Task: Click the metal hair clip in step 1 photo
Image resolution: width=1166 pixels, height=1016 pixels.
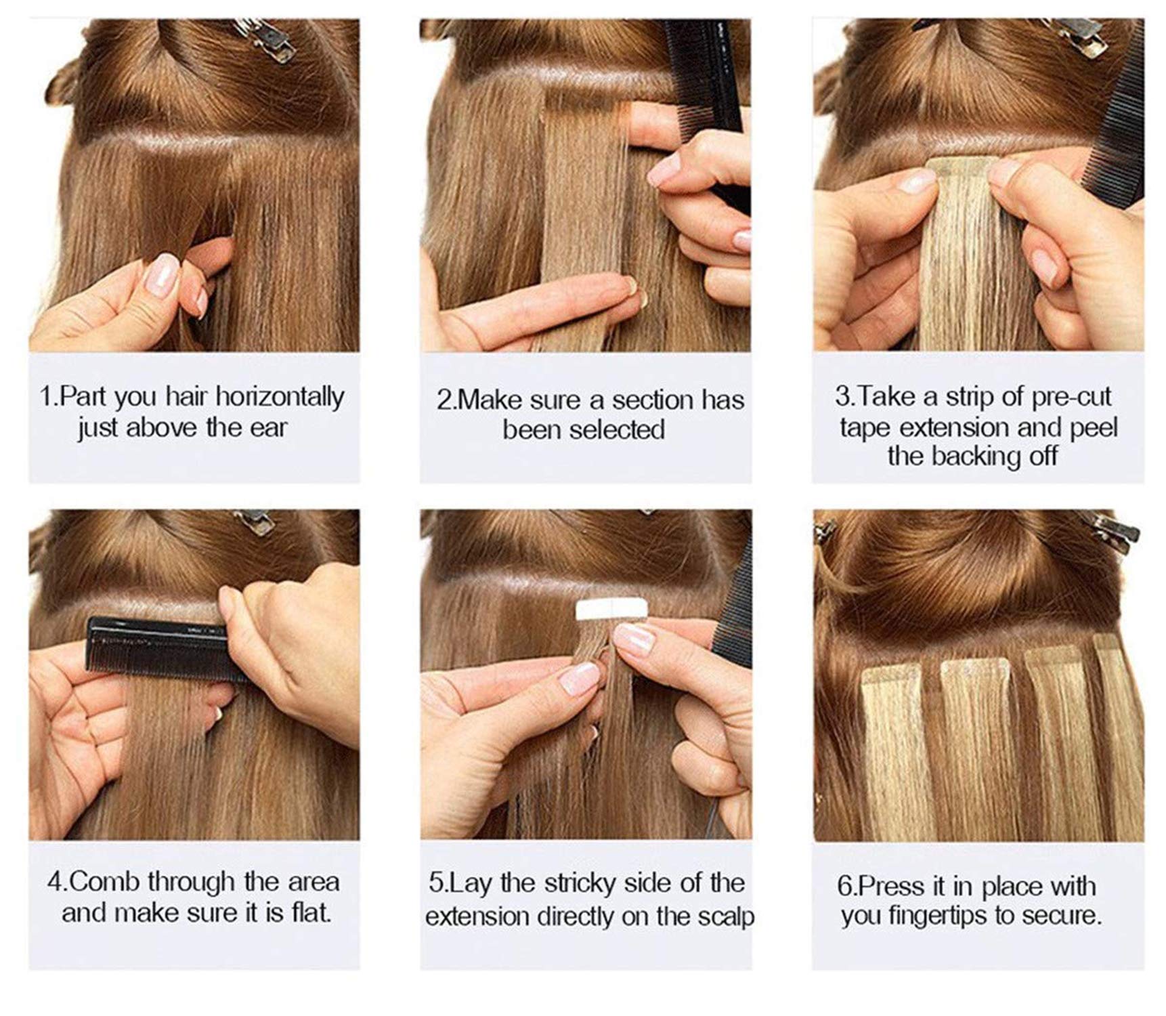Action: pos(263,39)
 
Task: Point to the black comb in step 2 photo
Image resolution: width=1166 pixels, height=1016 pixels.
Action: pos(708,102)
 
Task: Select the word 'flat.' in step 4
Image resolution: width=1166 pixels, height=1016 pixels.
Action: pos(311,913)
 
